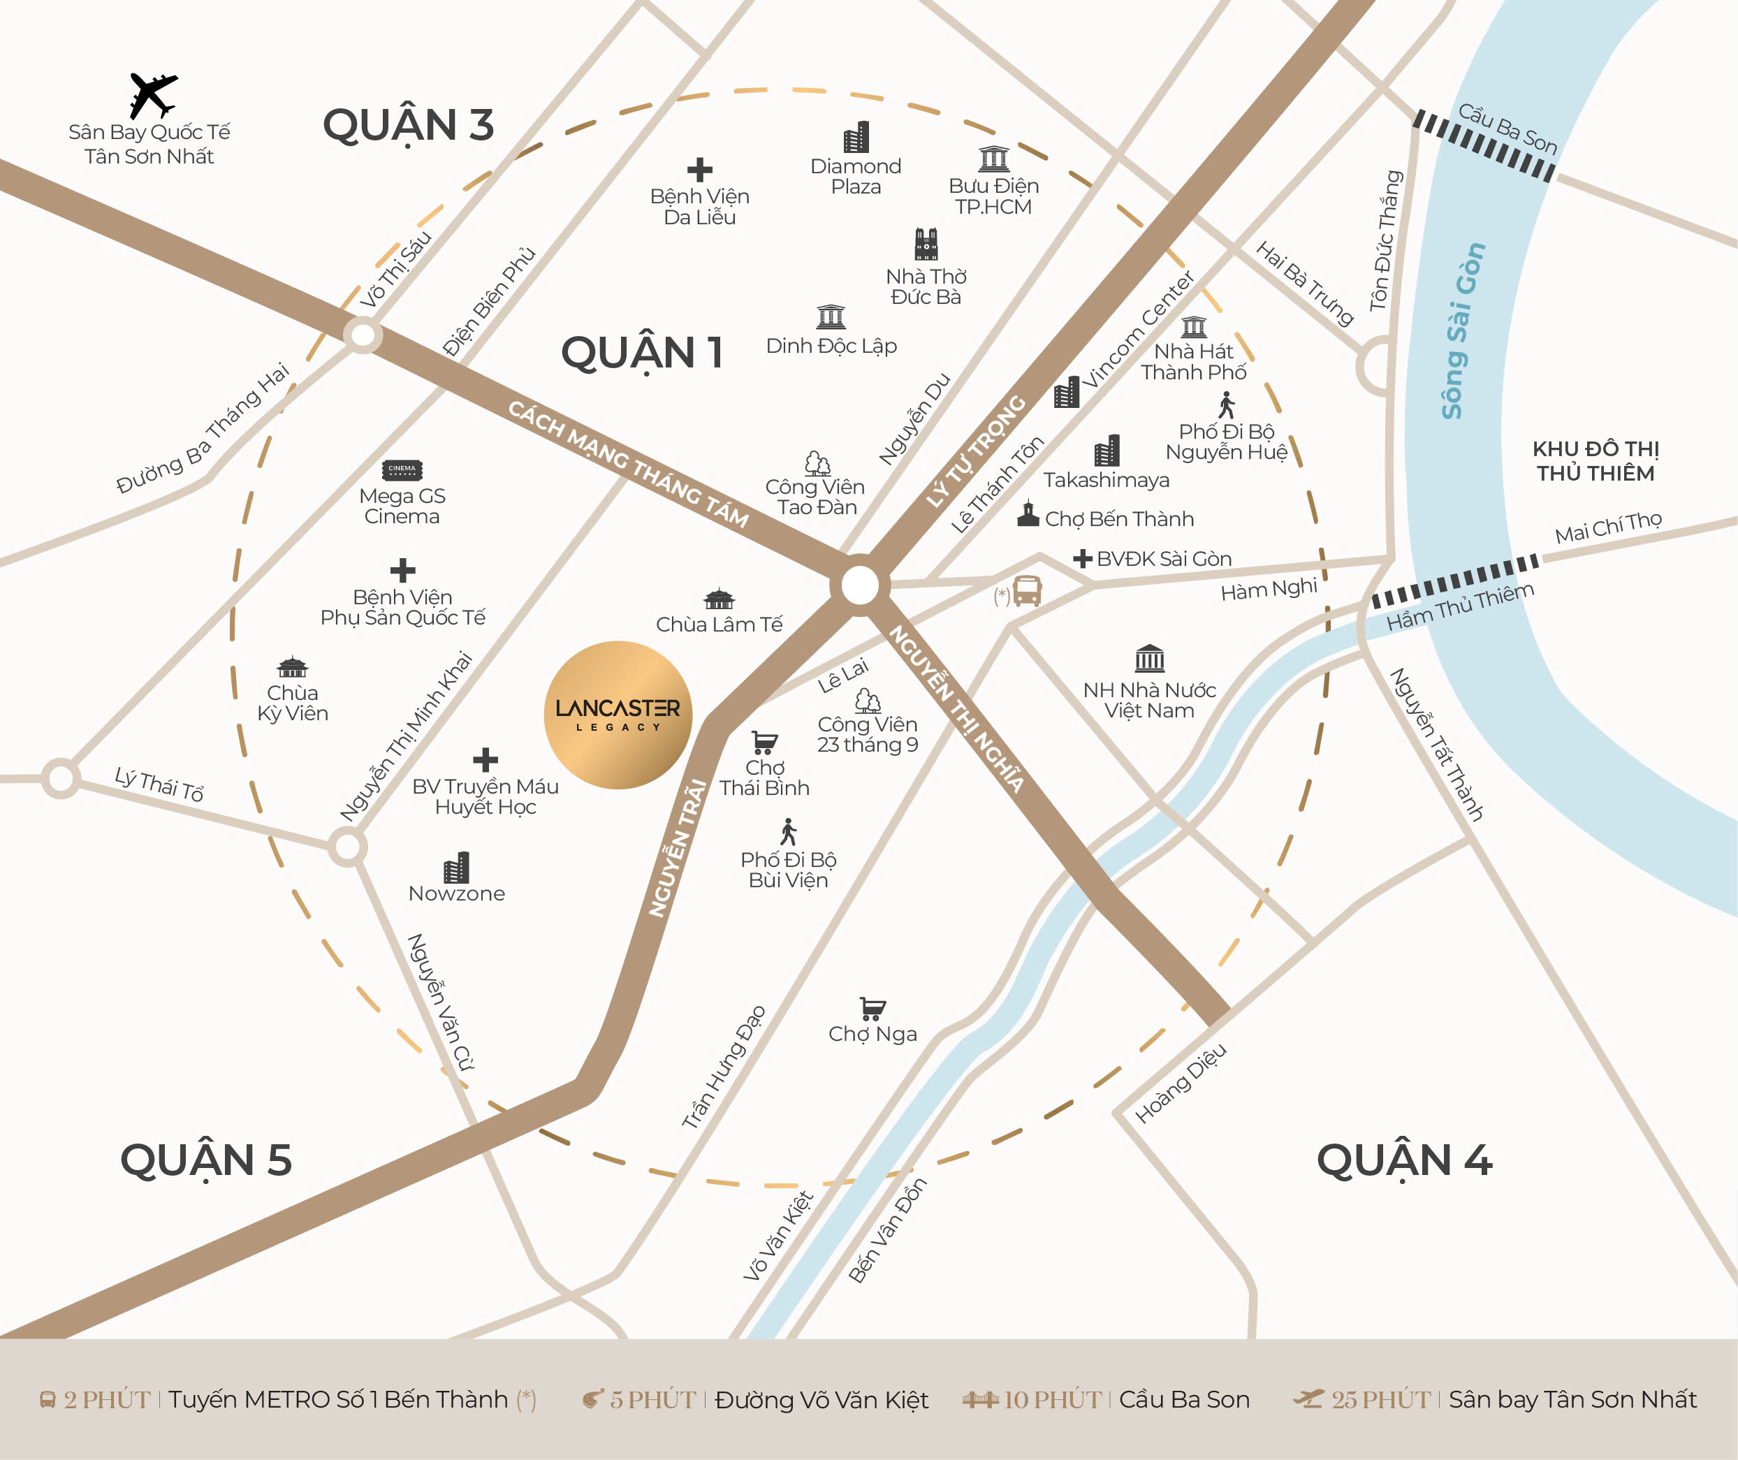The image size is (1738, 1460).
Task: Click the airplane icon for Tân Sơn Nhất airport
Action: (x=153, y=94)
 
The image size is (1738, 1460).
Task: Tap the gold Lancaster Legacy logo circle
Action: (x=618, y=714)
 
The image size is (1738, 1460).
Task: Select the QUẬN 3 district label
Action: (x=408, y=126)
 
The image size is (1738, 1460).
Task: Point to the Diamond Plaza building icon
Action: (x=856, y=136)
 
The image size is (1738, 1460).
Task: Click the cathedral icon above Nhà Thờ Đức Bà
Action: (x=926, y=244)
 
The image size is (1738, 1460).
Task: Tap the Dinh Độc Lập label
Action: (x=831, y=346)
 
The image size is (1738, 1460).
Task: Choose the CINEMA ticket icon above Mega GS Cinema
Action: (x=402, y=469)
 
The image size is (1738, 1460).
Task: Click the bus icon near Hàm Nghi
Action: (x=1027, y=591)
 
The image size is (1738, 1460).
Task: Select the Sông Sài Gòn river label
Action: (x=1463, y=331)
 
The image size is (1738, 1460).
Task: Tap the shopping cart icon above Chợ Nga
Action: (x=872, y=1007)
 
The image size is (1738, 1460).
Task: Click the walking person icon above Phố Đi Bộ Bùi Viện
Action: (x=789, y=832)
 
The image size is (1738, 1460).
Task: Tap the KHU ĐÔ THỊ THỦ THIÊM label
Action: (x=1595, y=461)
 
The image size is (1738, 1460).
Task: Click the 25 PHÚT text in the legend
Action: (x=1380, y=1400)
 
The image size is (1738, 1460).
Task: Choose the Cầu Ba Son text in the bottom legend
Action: (x=1183, y=1400)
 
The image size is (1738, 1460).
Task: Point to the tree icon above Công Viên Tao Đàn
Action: (x=817, y=462)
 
